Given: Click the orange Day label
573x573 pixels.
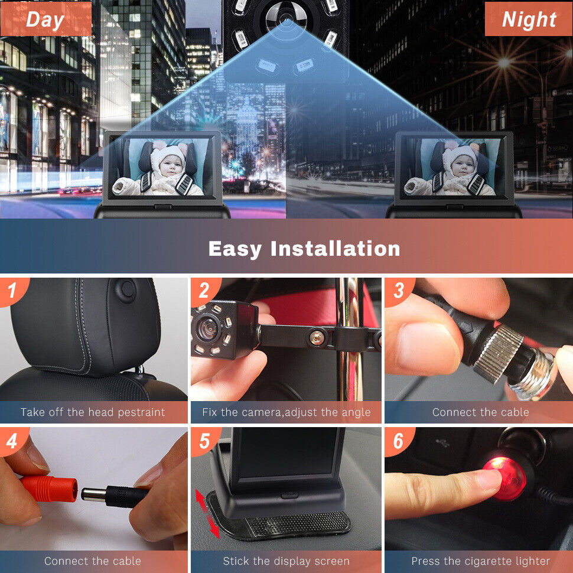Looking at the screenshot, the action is tap(45, 19).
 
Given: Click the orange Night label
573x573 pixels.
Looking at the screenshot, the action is tap(529, 19).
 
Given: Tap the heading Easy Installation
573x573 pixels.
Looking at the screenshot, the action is tap(304, 249).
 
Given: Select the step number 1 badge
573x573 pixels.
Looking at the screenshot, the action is tap(13, 291).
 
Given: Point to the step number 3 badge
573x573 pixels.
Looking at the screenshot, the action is tap(399, 291).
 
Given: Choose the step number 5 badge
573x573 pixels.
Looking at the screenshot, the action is tap(204, 441).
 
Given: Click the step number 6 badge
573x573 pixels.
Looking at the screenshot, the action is tap(399, 441).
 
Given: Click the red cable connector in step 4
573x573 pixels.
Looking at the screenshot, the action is tap(49, 488).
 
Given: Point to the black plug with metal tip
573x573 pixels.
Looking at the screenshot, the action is tap(114, 495).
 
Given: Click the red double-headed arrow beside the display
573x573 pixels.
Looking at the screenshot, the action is tap(207, 513).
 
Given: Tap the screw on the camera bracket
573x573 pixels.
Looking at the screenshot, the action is tap(317, 337).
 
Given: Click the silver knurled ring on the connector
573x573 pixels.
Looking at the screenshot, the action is tap(498, 354).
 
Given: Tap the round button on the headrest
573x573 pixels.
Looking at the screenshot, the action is tap(126, 289).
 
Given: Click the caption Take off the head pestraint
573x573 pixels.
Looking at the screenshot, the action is tap(93, 412).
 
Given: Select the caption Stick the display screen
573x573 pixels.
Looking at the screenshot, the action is tap(286, 561).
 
